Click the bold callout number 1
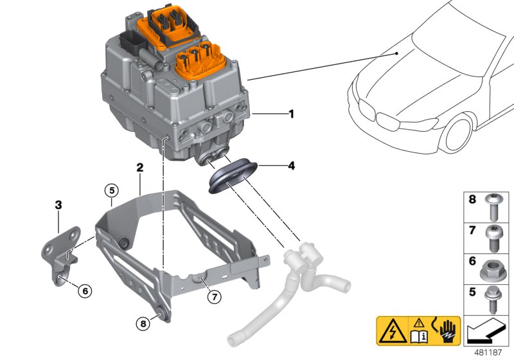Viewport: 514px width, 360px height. point(291,114)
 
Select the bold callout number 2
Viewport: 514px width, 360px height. point(139,167)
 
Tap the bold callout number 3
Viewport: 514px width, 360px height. point(58,205)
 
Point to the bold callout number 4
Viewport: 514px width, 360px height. point(291,166)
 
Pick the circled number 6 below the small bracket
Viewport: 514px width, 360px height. point(84,291)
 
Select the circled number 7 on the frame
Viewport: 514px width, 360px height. point(215,296)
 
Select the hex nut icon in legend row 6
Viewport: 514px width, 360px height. point(496,265)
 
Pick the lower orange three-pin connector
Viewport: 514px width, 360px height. point(200,60)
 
